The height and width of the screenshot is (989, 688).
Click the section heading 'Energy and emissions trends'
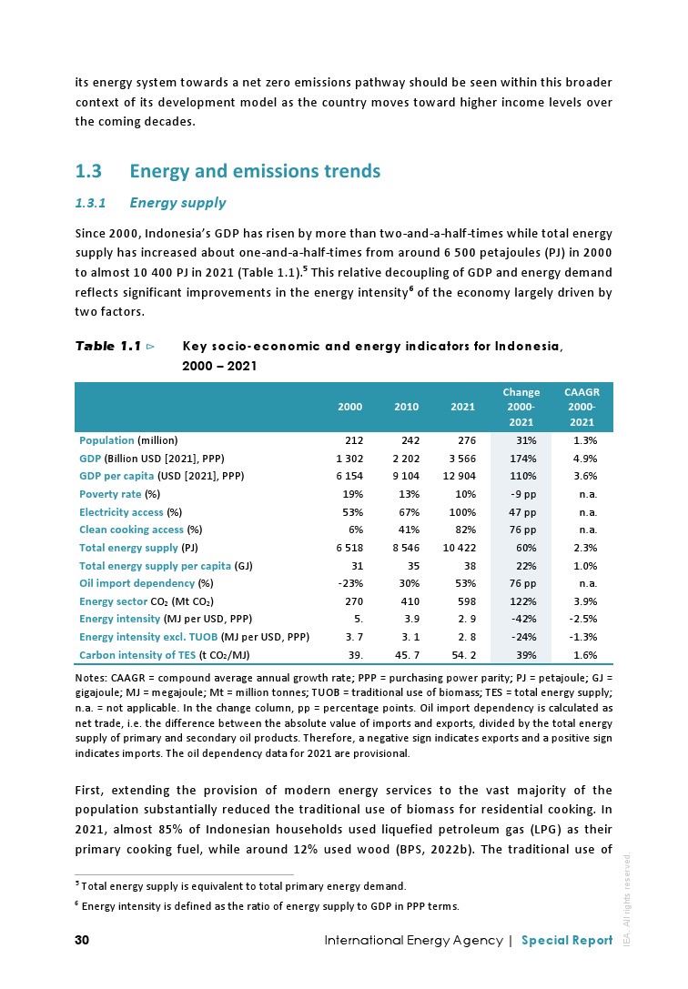click(x=255, y=171)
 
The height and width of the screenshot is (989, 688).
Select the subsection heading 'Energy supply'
click(x=178, y=202)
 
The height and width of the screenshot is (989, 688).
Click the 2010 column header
click(x=406, y=407)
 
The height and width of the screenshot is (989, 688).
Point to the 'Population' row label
click(x=107, y=440)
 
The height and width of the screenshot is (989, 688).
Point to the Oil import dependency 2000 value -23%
click(x=350, y=583)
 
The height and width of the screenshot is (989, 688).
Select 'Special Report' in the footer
click(x=567, y=940)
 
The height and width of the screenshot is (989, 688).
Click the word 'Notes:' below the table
click(x=90, y=678)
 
